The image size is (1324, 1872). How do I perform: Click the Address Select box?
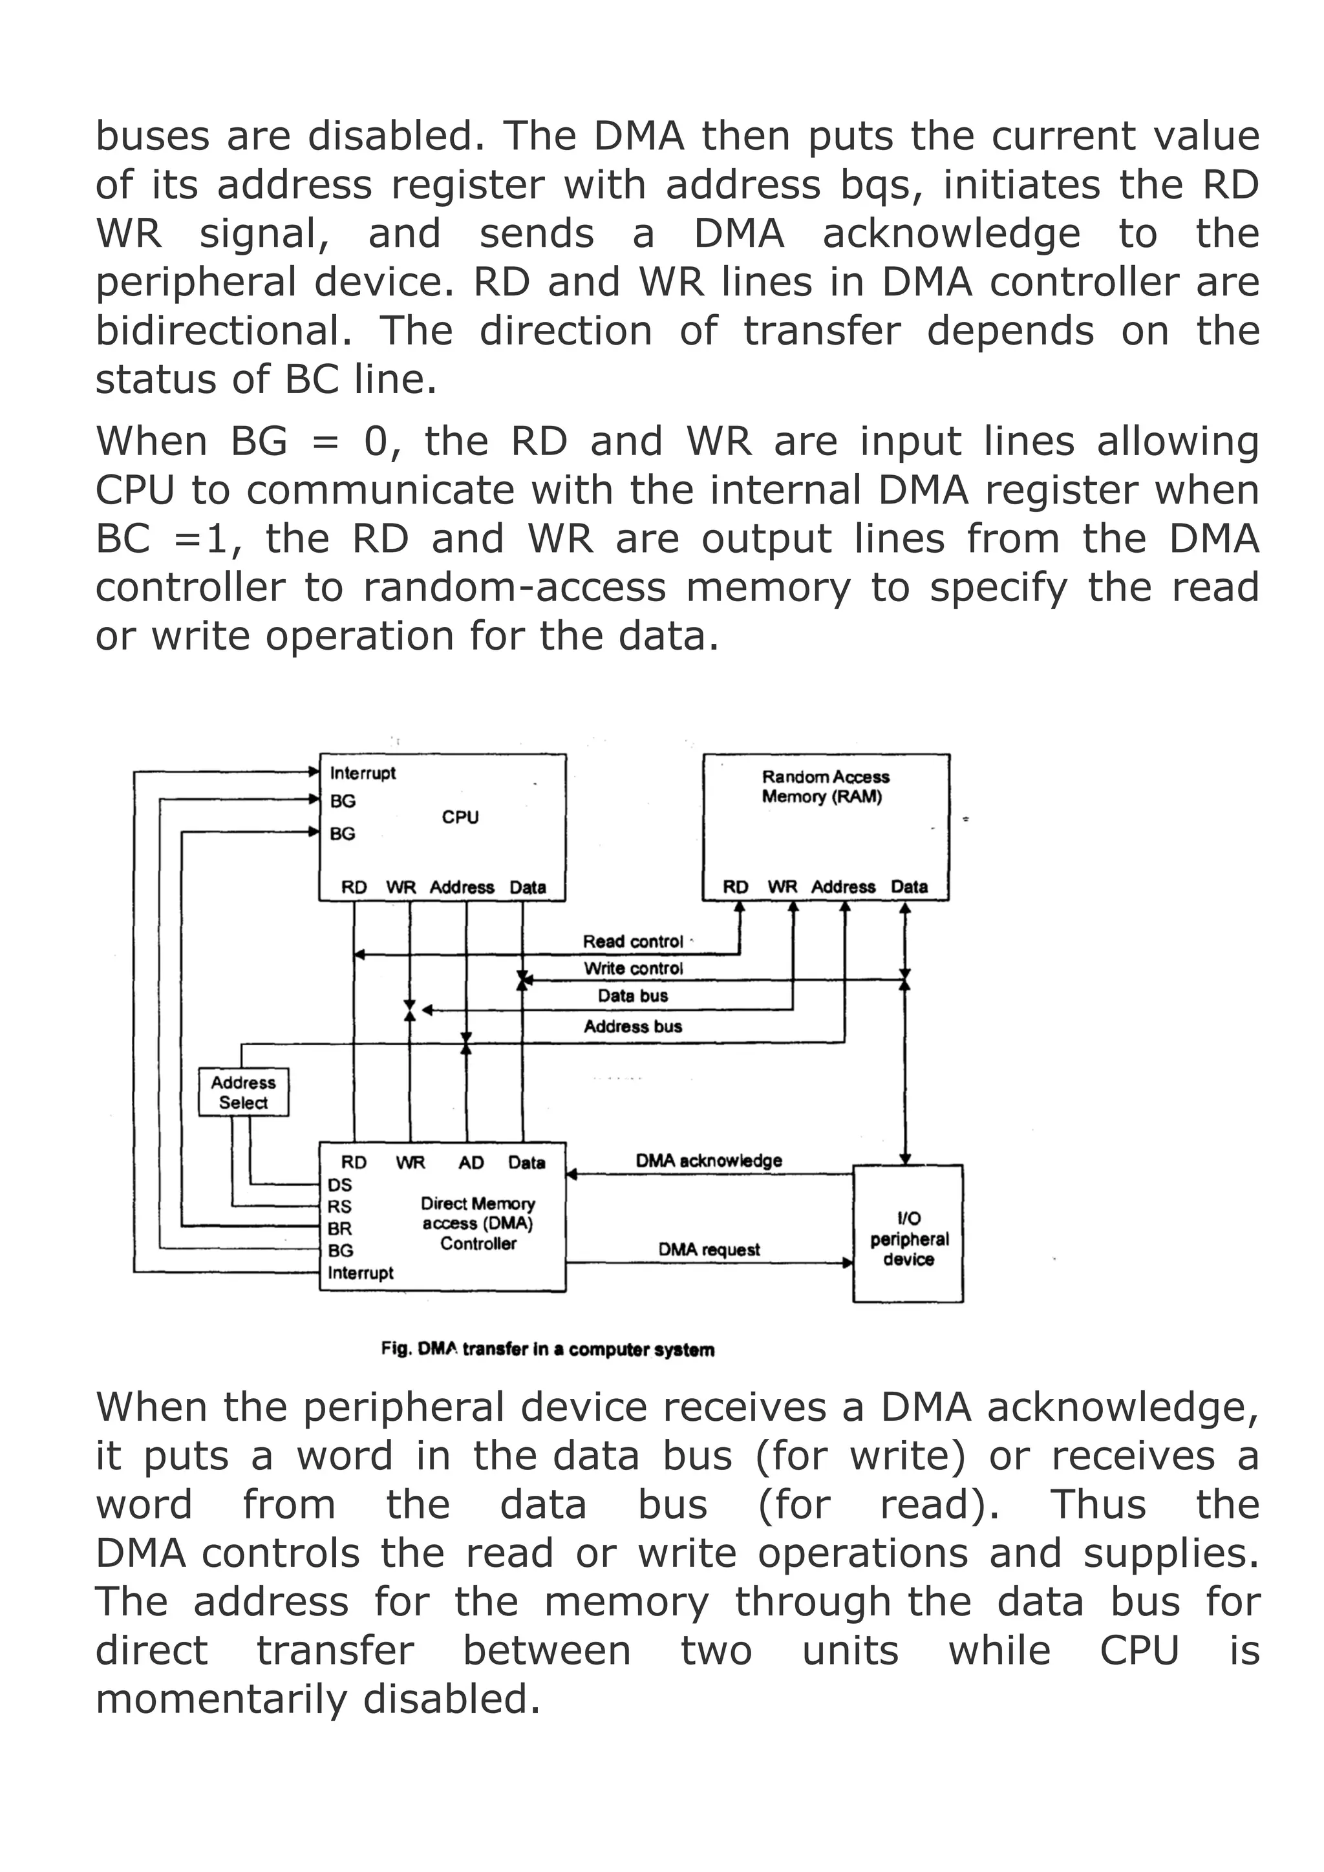[x=243, y=1092]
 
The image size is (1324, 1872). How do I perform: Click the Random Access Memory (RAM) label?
[x=825, y=787]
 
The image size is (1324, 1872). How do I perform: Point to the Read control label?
[x=633, y=942]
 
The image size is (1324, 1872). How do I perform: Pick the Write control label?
[x=633, y=968]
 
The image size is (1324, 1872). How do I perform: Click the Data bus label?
[x=633, y=995]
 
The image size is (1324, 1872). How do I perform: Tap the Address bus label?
[x=633, y=1026]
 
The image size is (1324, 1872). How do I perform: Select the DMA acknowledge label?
[x=709, y=1160]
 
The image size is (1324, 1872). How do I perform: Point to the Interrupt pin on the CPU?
[x=363, y=773]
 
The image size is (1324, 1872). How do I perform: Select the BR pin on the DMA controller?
[x=340, y=1229]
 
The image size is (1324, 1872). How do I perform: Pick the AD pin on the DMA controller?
[x=471, y=1163]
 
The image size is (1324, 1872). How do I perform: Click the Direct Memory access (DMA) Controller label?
[x=478, y=1223]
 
